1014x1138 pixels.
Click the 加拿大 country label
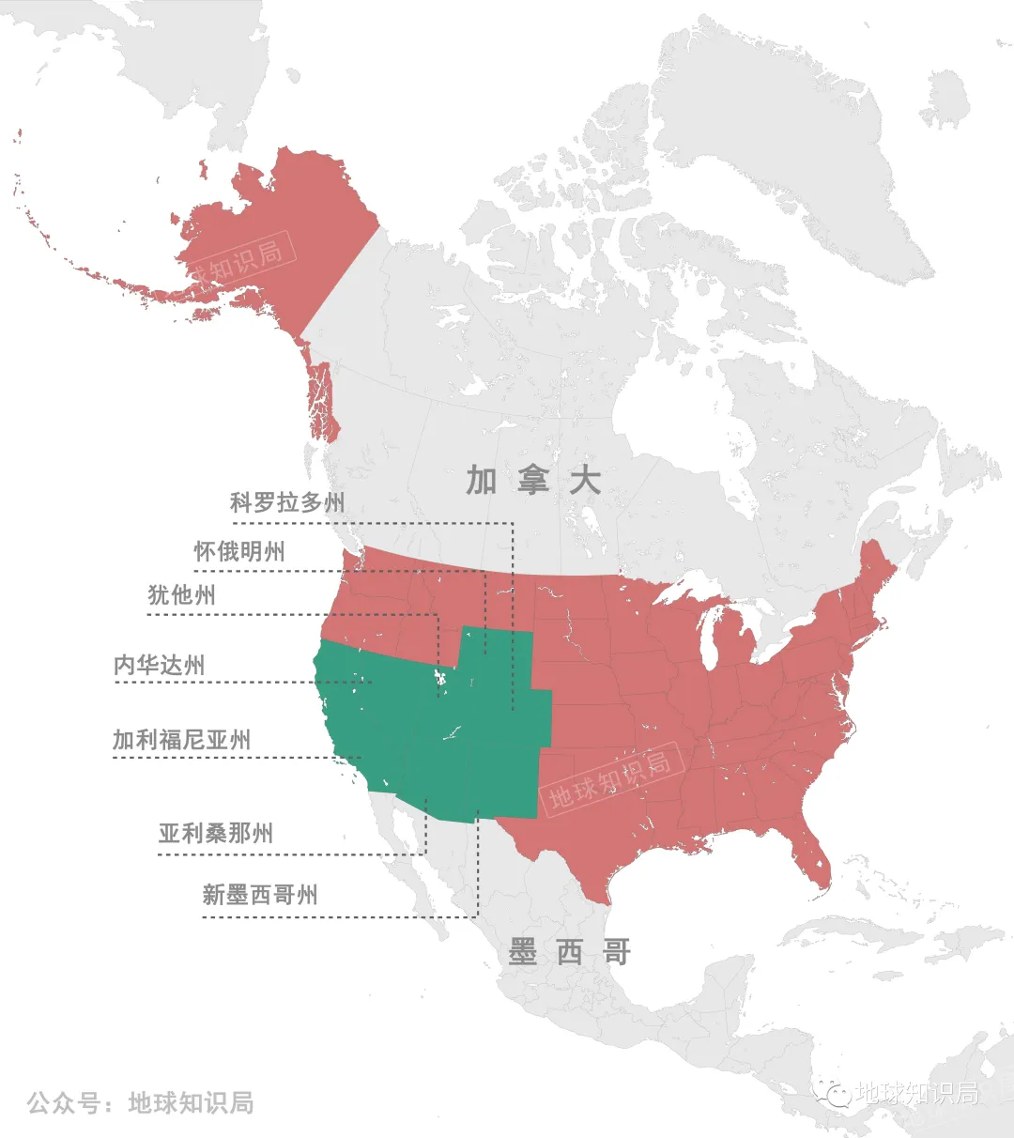point(533,480)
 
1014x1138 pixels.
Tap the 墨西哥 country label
point(569,952)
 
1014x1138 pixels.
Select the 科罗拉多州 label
point(287,502)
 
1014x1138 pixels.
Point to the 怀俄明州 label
point(239,551)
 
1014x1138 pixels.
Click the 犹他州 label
point(181,595)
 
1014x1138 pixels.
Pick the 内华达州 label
point(159,665)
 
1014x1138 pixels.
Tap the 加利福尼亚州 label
point(181,740)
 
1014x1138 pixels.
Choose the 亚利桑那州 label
point(216,833)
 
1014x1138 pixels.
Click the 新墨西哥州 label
point(260,895)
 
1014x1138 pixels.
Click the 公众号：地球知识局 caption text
point(141,1102)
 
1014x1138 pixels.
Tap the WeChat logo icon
point(832,1093)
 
